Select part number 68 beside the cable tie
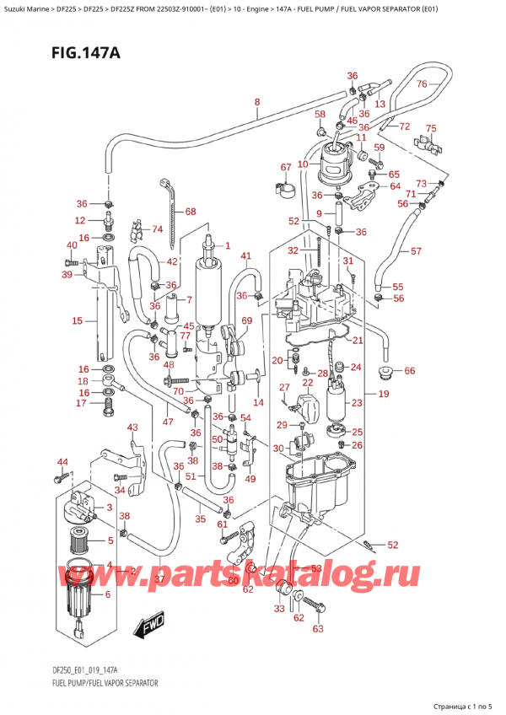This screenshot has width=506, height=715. click(x=190, y=212)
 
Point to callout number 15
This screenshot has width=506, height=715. click(x=77, y=320)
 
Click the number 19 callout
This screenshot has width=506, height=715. click(x=383, y=394)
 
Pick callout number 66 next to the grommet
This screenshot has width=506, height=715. click(x=410, y=371)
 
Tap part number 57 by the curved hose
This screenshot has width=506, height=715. click(x=416, y=251)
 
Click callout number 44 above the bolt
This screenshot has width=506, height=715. click(x=62, y=462)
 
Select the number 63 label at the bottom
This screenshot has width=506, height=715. click(x=318, y=628)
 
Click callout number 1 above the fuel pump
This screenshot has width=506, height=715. click(x=227, y=246)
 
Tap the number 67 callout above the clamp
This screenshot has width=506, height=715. click(x=286, y=167)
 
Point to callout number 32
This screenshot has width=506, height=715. click(x=292, y=250)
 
